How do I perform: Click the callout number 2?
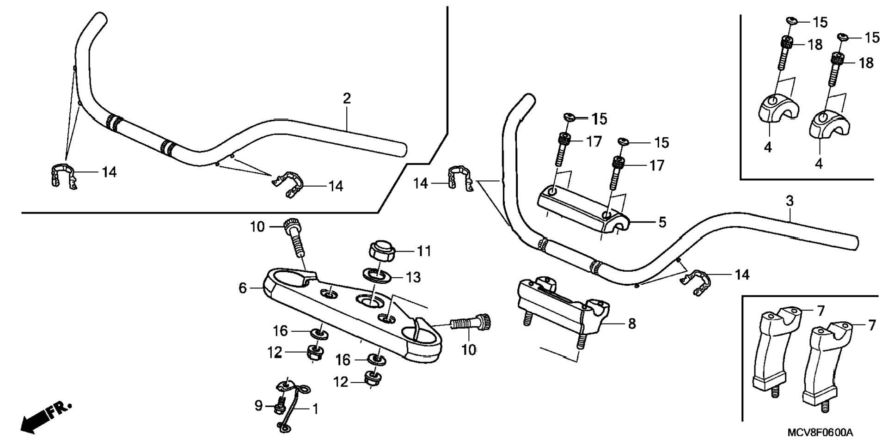pyautogui.click(x=347, y=98)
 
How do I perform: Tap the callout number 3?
pyautogui.click(x=790, y=201)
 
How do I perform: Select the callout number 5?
pyautogui.click(x=662, y=222)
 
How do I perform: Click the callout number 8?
pyautogui.click(x=632, y=324)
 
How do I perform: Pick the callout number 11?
pyautogui.click(x=424, y=251)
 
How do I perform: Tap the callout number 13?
pyautogui.click(x=413, y=277)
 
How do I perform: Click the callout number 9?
pyautogui.click(x=258, y=406)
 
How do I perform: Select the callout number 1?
pyautogui.click(x=315, y=409)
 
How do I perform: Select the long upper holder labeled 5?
pyautogui.click(x=582, y=210)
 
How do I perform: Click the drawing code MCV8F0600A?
pyautogui.click(x=820, y=433)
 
